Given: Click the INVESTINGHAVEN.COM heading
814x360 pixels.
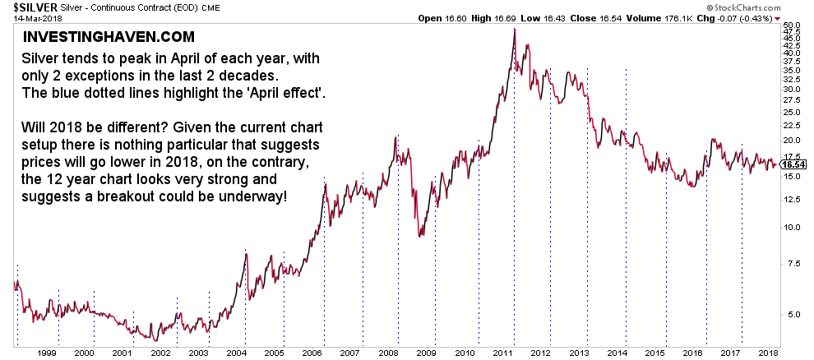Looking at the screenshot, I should tap(109, 37).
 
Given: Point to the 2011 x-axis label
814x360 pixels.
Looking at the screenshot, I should tap(503, 352).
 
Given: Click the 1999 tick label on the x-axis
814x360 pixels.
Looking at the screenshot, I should tap(45, 352).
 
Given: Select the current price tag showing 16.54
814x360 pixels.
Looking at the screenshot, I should tap(795, 164).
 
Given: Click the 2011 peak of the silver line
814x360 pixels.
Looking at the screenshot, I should tap(515, 30).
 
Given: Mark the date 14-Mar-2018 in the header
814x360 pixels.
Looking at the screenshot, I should tap(28, 18).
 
